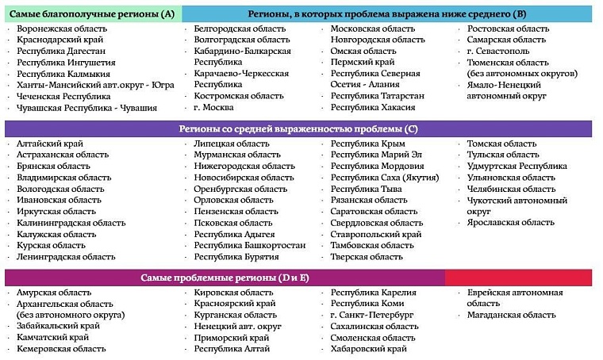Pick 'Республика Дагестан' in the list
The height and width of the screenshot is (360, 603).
coord(61,51)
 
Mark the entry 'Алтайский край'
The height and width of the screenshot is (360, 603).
coord(51,144)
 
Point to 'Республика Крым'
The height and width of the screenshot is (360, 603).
coord(367,144)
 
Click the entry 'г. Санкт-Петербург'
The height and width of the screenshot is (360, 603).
coord(373,315)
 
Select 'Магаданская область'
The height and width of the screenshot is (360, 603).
coord(511,315)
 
